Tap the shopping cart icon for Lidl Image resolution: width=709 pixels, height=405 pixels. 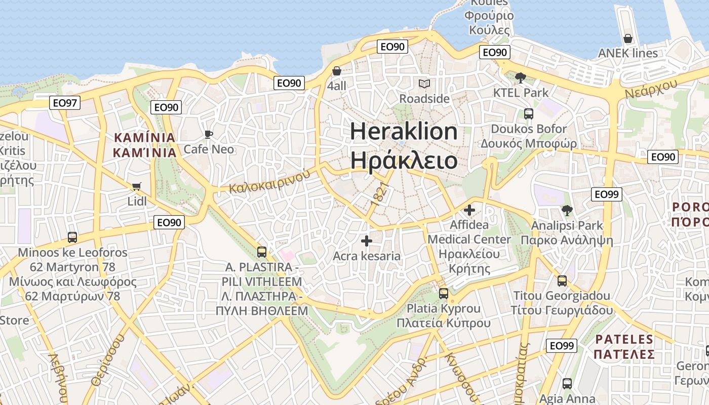pyautogui.click(x=136, y=187)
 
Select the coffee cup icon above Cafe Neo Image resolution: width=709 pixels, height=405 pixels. pyautogui.click(x=208, y=134)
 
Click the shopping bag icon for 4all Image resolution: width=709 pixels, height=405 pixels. pyautogui.click(x=336, y=71)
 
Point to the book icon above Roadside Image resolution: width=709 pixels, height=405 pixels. pyautogui.click(x=424, y=84)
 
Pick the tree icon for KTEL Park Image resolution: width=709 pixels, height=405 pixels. pyautogui.click(x=520, y=77)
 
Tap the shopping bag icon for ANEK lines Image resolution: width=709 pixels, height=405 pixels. pyautogui.click(x=628, y=38)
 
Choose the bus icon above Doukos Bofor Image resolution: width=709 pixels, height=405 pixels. pyautogui.click(x=529, y=113)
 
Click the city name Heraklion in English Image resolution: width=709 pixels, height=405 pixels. pyautogui.click(x=404, y=132)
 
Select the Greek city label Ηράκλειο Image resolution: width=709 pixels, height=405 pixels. pyautogui.click(x=404, y=160)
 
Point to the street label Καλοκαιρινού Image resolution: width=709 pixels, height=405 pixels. pyautogui.click(x=269, y=182)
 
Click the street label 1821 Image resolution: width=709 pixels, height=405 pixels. pyautogui.click(x=381, y=194)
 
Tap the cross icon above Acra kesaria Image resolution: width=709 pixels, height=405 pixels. pyautogui.click(x=367, y=241)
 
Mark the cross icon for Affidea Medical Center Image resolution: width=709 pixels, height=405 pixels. pyautogui.click(x=469, y=210)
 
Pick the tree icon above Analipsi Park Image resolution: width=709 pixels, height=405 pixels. pyautogui.click(x=567, y=210)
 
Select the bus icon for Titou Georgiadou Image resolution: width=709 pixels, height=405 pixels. pyautogui.click(x=562, y=281)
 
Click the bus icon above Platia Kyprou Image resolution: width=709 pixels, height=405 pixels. pyautogui.click(x=444, y=293)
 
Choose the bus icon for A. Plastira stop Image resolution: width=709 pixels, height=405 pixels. pyautogui.click(x=262, y=252)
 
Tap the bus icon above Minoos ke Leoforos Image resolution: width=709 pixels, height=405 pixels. pyautogui.click(x=72, y=237)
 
